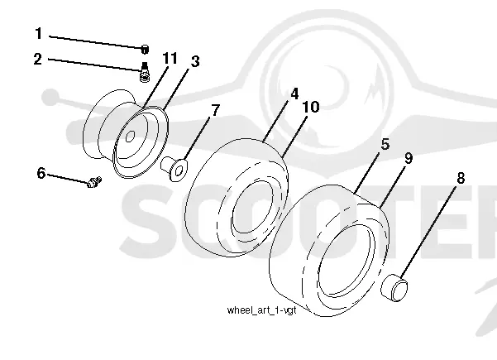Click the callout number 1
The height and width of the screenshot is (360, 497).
coord(38,34)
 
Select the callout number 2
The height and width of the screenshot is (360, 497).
coord(38,59)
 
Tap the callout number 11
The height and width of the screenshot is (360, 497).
coord(170,59)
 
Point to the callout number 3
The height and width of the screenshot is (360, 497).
coord(195,61)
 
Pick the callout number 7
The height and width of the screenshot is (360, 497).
coord(215,110)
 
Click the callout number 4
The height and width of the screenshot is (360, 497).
coord(294,94)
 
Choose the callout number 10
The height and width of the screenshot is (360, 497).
coord(311,108)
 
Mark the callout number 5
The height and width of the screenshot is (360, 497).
coord(385,144)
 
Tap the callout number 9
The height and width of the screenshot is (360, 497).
coord(409,158)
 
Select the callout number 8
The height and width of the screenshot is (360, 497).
coord(461,178)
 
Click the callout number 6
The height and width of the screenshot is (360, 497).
coord(41,174)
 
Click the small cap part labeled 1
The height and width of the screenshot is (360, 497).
coord(145,50)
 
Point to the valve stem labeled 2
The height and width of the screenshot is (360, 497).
coord(145,72)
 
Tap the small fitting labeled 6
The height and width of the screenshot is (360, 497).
coord(94,182)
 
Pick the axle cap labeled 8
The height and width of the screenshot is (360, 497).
coord(394,287)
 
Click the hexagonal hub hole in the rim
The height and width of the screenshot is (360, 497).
coord(131,137)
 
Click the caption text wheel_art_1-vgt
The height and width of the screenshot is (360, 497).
coord(262,310)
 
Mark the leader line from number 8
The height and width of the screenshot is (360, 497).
coord(428,233)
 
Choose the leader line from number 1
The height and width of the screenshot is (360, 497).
coord(97,42)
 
